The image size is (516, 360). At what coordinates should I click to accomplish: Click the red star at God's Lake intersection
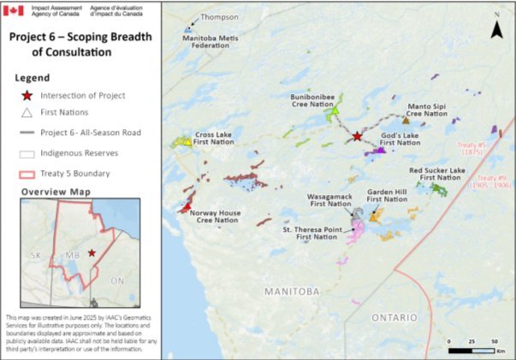point(358,137)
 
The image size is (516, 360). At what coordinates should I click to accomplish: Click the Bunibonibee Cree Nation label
point(307,103)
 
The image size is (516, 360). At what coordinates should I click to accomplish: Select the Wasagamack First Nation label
point(329,200)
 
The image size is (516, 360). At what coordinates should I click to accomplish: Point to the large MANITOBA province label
point(293,292)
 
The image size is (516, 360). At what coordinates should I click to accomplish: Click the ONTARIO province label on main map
point(395,316)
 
